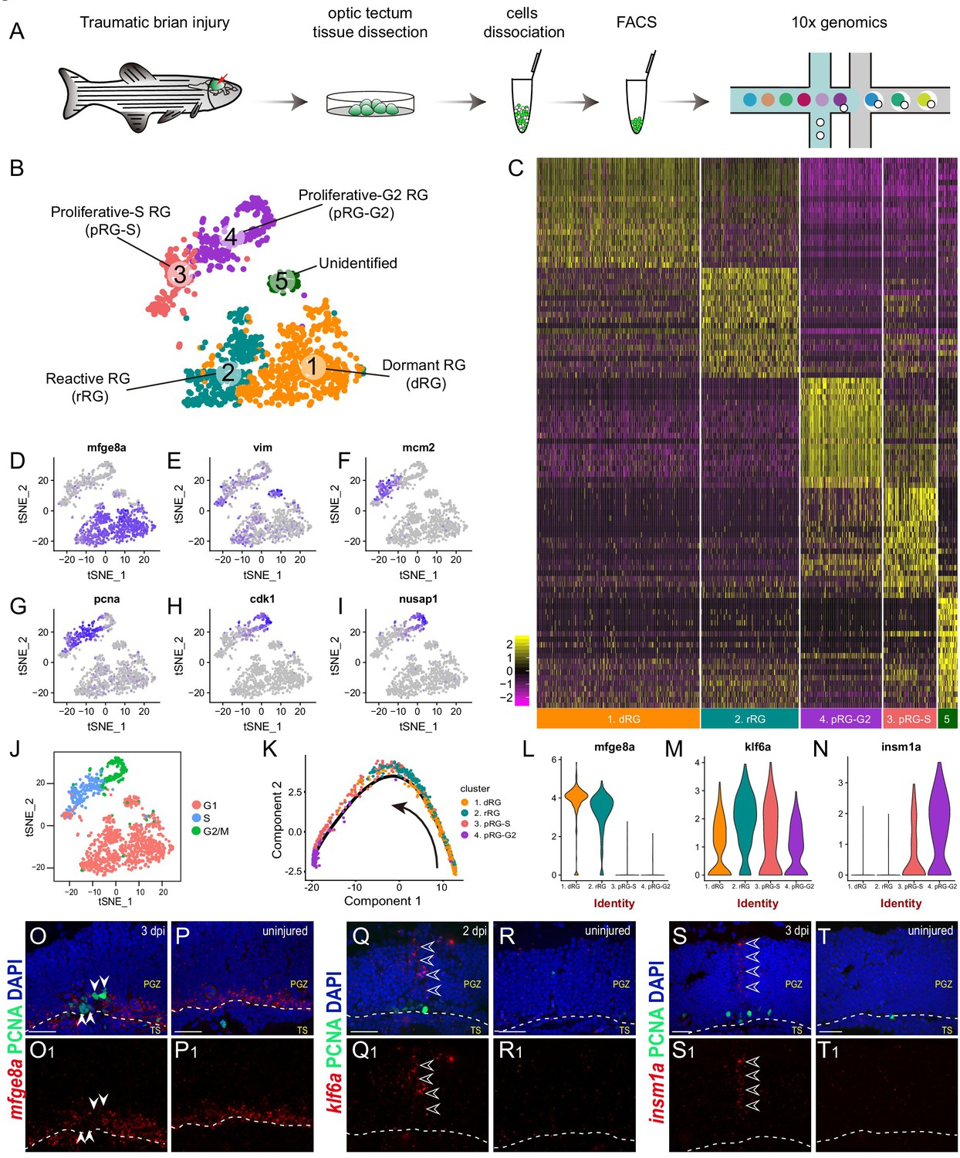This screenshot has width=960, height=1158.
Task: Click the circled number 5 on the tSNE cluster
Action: click(282, 283)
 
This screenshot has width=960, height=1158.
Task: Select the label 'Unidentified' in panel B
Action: click(358, 263)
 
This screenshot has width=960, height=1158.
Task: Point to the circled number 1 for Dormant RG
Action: click(313, 365)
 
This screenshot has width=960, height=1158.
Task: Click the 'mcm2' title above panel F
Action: click(418, 448)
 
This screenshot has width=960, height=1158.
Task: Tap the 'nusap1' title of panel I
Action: click(418, 599)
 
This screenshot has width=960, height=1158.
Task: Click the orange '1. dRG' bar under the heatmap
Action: click(618, 719)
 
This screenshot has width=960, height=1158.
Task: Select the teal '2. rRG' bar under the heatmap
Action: click(749, 719)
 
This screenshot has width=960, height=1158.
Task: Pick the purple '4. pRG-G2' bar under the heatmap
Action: click(841, 719)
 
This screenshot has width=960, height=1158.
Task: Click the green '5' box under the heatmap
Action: click(947, 719)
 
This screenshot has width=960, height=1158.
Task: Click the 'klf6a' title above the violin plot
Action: click(757, 747)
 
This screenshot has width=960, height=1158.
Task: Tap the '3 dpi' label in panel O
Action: click(153, 931)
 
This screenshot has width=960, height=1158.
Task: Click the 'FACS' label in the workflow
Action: click(636, 22)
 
